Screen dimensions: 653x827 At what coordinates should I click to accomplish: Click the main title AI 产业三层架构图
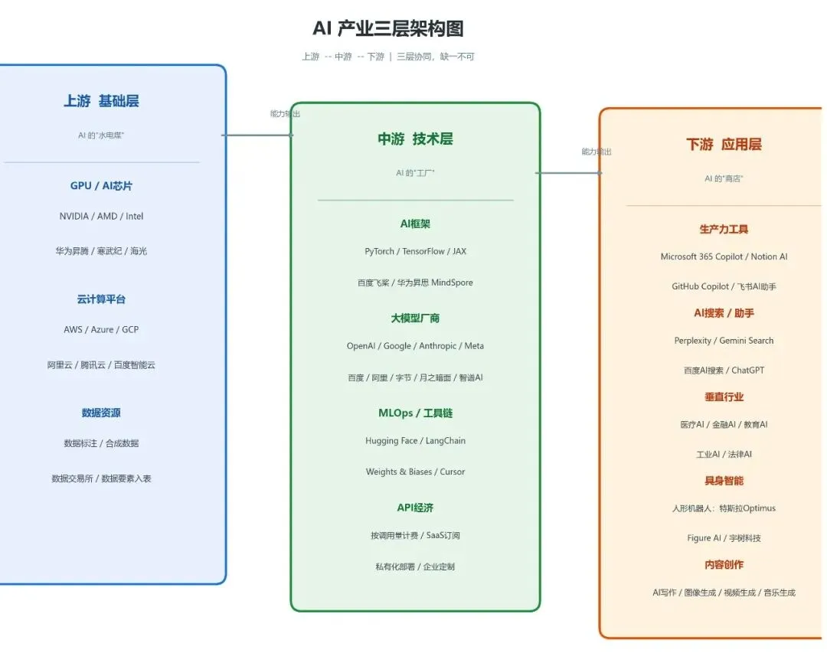387,29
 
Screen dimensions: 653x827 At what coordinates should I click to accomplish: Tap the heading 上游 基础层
101,101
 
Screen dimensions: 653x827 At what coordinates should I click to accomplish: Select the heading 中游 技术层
415,139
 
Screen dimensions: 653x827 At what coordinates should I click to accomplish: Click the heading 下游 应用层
724,144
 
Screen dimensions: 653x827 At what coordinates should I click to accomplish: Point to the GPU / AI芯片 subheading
101,186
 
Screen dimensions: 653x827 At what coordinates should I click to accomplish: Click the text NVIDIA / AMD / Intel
101,216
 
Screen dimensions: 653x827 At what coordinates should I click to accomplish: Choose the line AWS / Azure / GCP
101,330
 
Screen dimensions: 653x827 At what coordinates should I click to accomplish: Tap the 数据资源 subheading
101,413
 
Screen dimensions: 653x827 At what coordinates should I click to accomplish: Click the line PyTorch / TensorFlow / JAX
415,251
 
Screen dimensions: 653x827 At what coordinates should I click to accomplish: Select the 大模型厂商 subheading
415,318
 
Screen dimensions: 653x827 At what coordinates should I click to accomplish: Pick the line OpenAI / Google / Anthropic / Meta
415,346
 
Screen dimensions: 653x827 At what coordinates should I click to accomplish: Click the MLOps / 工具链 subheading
415,413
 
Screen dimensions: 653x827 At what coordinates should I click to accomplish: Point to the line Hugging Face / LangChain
415,441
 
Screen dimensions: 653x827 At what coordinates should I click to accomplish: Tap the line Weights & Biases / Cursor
415,472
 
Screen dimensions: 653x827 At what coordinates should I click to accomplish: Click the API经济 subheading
415,508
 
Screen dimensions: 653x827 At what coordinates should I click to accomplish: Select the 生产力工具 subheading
724,229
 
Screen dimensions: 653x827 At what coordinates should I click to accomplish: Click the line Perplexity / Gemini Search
724,341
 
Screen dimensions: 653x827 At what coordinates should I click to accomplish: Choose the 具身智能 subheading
724,481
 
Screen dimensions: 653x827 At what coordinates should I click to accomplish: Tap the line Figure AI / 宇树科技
724,538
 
